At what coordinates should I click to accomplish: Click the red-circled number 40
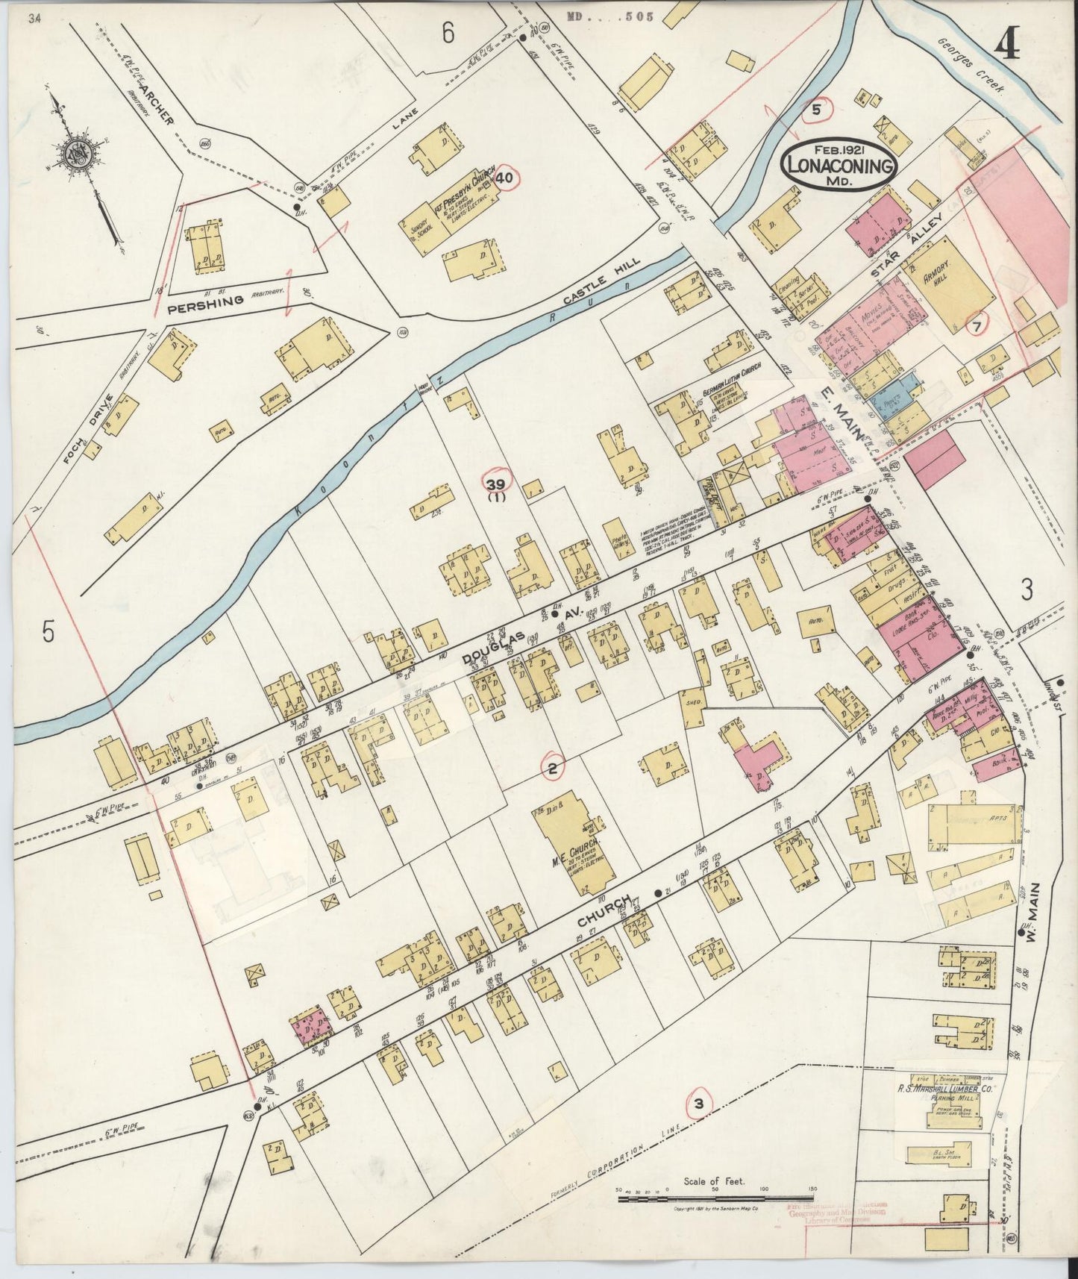(505, 178)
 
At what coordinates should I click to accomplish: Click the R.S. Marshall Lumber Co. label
(943, 1089)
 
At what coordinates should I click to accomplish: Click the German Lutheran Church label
(721, 390)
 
